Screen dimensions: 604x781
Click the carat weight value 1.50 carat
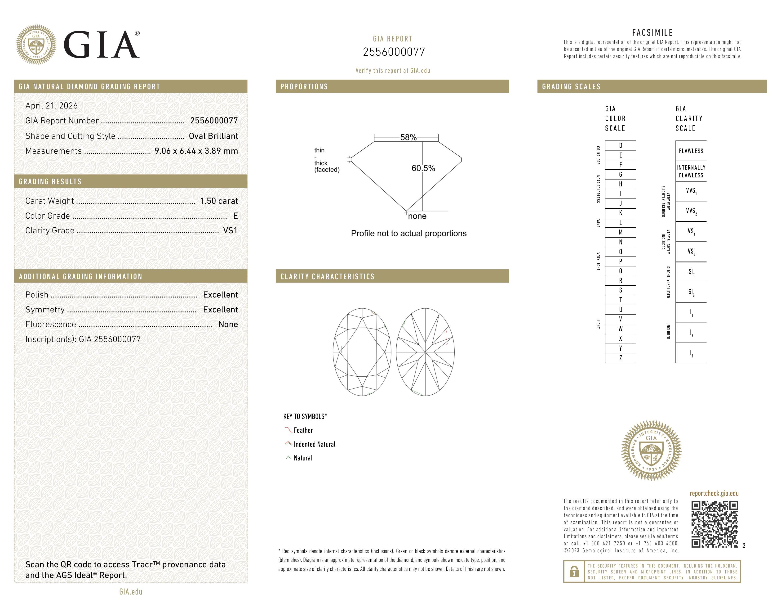click(218, 201)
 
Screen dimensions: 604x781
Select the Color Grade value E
click(235, 216)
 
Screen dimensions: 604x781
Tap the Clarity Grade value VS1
click(230, 231)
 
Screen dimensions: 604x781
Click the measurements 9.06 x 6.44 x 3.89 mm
click(196, 151)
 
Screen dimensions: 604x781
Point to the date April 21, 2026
click(52, 106)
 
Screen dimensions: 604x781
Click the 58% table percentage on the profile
click(408, 137)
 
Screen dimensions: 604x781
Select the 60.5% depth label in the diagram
click(423, 168)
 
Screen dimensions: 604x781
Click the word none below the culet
click(417, 216)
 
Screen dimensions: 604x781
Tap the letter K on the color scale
click(621, 213)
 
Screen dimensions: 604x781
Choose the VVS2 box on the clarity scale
click(691, 211)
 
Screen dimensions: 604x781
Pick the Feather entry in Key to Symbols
click(303, 430)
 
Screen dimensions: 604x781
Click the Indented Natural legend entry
click(314, 444)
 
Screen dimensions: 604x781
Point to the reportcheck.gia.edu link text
click(714, 493)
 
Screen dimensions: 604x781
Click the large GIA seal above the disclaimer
click(651, 451)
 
